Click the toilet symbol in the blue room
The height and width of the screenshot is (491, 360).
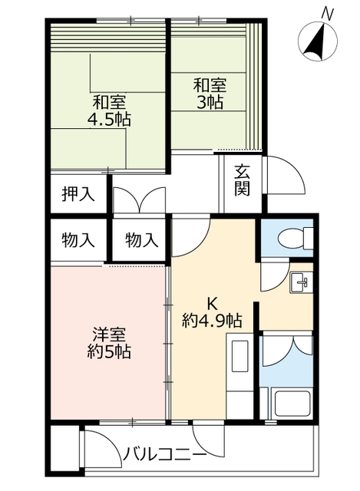point(296,239)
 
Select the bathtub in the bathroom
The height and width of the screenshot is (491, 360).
point(292,404)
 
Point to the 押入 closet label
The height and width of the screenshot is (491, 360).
point(78,194)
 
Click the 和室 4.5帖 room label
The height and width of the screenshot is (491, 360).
point(109,110)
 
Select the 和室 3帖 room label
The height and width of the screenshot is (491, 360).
point(210,94)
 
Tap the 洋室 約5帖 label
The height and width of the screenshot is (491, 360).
point(109,343)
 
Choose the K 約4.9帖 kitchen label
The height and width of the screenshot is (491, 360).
point(212,312)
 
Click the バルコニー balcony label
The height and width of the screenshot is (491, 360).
point(164,453)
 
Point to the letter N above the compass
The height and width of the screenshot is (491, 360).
point(328,14)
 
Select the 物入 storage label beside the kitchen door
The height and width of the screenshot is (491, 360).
point(141,240)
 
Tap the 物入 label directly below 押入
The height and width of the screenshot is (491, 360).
point(78,240)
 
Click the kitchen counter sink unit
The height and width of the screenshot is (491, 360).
point(239,375)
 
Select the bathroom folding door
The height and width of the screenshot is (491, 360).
point(288,351)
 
